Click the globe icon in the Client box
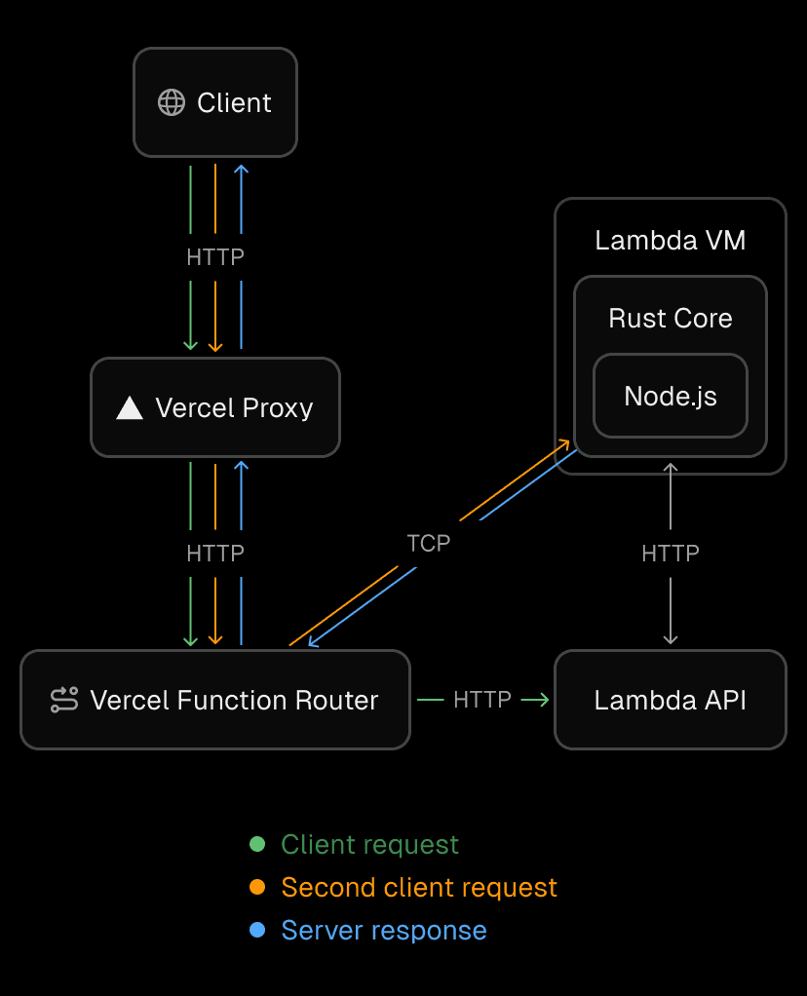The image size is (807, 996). [172, 102]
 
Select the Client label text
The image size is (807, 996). [234, 102]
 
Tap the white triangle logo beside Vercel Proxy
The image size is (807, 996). [130, 407]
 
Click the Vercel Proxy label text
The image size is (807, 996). [234, 407]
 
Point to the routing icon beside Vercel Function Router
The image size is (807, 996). [64, 700]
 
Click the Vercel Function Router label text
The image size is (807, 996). [234, 700]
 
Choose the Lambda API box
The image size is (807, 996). [670, 700]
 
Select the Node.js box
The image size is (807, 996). [670, 396]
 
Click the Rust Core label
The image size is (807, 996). [670, 319]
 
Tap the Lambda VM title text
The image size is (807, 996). [670, 241]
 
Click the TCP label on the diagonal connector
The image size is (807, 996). [429, 543]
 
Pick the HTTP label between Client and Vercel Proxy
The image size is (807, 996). [215, 257]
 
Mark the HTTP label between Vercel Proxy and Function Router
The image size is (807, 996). [215, 554]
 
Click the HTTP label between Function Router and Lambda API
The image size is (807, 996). [482, 700]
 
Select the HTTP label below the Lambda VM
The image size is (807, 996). [670, 554]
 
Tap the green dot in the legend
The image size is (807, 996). [257, 844]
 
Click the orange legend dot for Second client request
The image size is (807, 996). [257, 887]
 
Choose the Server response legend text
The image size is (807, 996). [384, 930]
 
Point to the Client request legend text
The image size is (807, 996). [369, 844]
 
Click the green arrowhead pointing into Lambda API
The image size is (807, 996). [542, 700]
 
